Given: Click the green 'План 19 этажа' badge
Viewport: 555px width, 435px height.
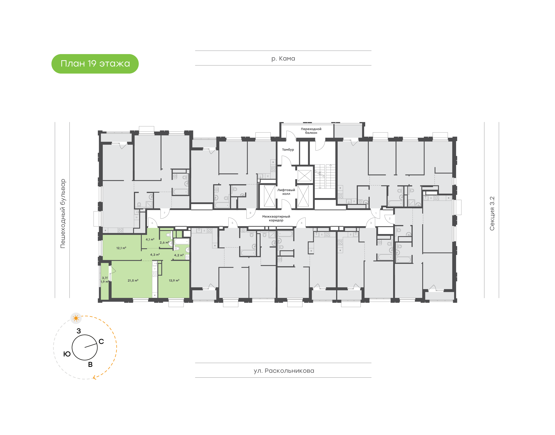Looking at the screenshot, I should (x=95, y=64).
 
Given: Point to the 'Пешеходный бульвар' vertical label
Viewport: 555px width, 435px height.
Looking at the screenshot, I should (x=63, y=213).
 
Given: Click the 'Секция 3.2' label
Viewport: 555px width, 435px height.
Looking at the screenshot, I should (x=492, y=213).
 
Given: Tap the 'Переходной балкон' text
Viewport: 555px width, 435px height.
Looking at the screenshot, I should (x=311, y=131).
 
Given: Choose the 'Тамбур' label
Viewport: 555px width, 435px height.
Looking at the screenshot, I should (x=288, y=150).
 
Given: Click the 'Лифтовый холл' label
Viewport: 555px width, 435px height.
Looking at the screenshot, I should (x=286, y=192).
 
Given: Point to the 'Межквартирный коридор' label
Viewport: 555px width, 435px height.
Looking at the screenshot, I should (x=276, y=218).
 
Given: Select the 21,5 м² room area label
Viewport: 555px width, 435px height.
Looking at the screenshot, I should (x=133, y=280).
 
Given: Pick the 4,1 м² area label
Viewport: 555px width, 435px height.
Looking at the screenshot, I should (x=150, y=239).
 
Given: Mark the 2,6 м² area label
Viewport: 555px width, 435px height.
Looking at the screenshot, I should (x=164, y=243).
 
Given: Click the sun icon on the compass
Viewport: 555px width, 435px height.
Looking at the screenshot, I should (x=76, y=318).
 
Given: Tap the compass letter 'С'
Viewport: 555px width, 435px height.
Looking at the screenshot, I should (x=101, y=341).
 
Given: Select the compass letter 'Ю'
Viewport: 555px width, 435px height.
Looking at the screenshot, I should (x=67, y=354).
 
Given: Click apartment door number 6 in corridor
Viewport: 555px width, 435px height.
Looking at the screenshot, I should (x=152, y=223).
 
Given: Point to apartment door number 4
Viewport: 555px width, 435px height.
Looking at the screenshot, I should (x=301, y=223).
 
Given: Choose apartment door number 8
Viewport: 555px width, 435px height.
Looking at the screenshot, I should (x=250, y=213).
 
